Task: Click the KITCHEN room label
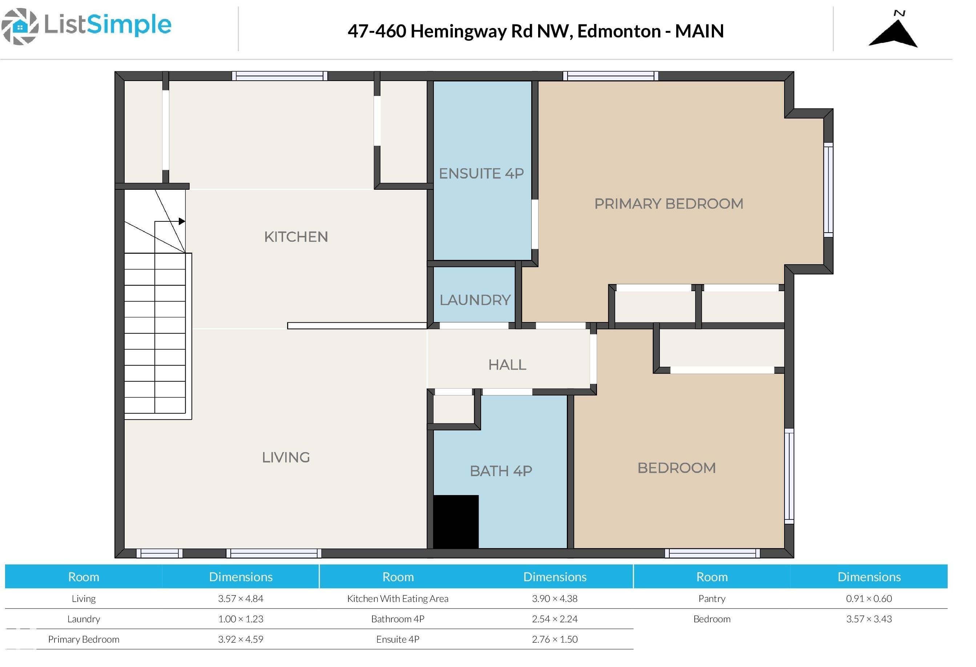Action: pos(296,237)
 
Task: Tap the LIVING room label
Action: pos(286,457)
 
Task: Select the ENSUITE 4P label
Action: pos(481,173)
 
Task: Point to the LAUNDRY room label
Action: pos(475,300)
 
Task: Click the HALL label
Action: pos(507,365)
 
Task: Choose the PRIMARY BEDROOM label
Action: pos(669,204)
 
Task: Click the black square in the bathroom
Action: pos(456,522)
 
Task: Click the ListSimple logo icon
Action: pos(20,27)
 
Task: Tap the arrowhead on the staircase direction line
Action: pos(182,221)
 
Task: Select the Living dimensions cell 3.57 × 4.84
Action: pos(241,599)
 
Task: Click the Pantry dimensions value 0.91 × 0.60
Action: pos(868,599)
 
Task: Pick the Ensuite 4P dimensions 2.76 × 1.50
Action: pos(554,639)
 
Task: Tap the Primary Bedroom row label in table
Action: pos(84,639)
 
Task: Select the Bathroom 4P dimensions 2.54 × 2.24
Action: pos(554,619)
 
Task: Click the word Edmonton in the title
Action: pos(618,32)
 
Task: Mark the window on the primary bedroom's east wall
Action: pos(828,188)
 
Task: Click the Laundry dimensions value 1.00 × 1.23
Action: pos(241,619)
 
